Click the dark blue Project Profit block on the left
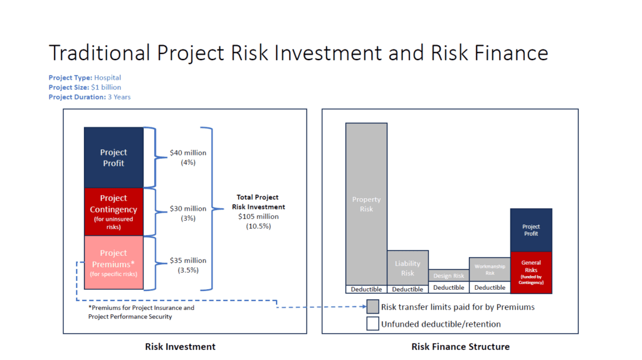[113, 157]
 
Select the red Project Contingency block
[113, 211]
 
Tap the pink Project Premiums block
[113, 263]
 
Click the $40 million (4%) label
[187, 157]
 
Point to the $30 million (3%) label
[187, 213]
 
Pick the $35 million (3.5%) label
[187, 265]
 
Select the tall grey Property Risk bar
[366, 204]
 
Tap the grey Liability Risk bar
[408, 268]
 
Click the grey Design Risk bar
[449, 276]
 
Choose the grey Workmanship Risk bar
[490, 270]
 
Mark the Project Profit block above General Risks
[531, 230]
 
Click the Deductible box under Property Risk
[366, 289]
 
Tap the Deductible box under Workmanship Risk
[490, 288]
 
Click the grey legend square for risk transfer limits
[372, 307]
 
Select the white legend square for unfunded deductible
[372, 324]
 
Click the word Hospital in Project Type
[107, 78]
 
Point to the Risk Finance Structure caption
[460, 347]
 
